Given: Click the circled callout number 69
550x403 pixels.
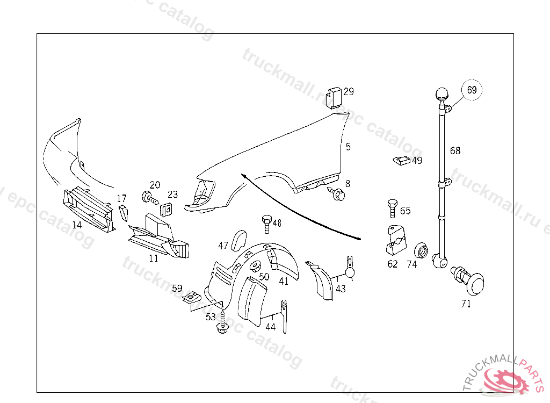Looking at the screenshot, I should coord(472,90).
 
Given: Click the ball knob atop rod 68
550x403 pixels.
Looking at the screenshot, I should coord(442,95).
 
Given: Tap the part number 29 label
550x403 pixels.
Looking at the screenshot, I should coord(349,92).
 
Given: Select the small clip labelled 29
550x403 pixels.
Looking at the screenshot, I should coord(335,97).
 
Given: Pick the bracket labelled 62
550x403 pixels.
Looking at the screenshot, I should coord(395,240).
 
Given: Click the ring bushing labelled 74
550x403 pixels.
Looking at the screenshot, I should coord(422,250).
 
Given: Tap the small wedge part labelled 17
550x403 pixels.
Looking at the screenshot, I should coord(123,213).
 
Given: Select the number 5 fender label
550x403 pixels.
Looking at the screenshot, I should coord(348,146).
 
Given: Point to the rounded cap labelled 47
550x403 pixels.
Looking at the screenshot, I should coord(238,240).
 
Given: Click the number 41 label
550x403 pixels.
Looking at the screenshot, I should coord(284,280).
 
